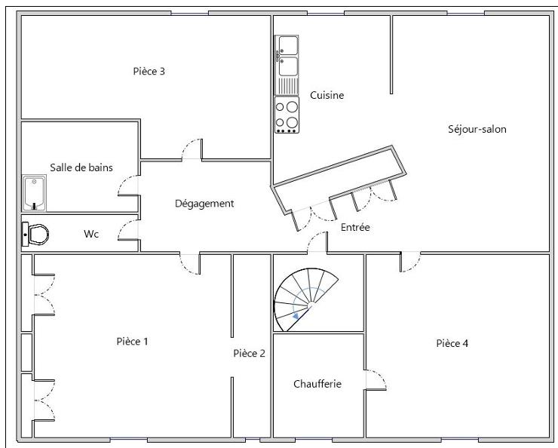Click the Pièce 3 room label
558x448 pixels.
click(x=149, y=72)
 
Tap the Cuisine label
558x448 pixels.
click(x=327, y=96)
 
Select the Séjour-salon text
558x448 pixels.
click(x=477, y=129)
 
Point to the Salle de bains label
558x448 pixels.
click(x=81, y=167)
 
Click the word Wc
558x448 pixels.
click(x=91, y=235)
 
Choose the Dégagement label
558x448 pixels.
click(x=204, y=204)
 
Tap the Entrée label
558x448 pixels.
click(x=355, y=227)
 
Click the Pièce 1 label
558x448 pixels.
click(x=132, y=342)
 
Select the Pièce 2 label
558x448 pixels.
click(x=249, y=353)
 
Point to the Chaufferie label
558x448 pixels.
click(x=317, y=384)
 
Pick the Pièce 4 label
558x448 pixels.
click(x=452, y=344)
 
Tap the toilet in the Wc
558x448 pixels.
click(x=35, y=234)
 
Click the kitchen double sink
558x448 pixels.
click(x=287, y=56)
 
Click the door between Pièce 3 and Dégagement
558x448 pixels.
click(x=192, y=149)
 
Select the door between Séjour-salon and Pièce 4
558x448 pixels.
click(x=410, y=261)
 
